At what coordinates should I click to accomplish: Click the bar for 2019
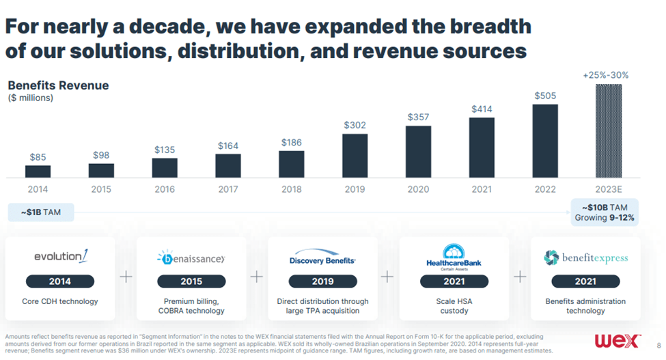(x=355, y=155)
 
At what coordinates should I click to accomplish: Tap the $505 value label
(x=545, y=96)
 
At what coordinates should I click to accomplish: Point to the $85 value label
(x=38, y=157)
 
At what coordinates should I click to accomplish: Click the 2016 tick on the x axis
(x=165, y=189)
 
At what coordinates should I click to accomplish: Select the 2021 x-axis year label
(x=482, y=189)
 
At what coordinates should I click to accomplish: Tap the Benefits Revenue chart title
(x=58, y=85)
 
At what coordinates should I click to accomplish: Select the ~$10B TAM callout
(x=604, y=212)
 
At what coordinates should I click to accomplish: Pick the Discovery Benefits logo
(x=322, y=257)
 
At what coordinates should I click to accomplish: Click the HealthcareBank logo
(x=454, y=257)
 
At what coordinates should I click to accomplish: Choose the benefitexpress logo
(x=585, y=258)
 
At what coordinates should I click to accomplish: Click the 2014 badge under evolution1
(x=60, y=281)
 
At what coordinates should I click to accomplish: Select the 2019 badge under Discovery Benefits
(x=322, y=281)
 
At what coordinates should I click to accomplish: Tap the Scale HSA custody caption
(x=454, y=306)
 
